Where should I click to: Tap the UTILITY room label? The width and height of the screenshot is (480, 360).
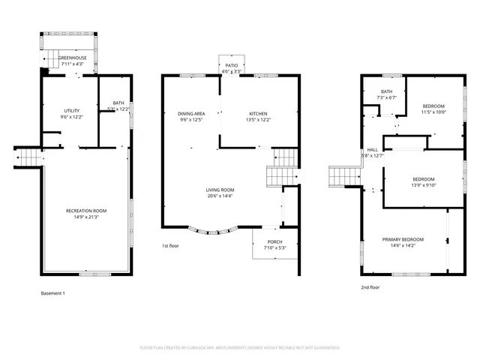coord(72,110)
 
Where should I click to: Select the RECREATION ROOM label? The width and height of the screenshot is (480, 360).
coord(86,211)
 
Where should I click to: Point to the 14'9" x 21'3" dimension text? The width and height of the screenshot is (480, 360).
coord(86,217)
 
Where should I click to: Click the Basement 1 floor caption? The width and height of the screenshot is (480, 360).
coord(52,292)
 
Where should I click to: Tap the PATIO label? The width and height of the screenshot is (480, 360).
coord(232,66)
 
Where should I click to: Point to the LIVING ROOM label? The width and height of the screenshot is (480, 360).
coord(220,190)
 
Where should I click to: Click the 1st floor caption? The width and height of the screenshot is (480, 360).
coord(171,246)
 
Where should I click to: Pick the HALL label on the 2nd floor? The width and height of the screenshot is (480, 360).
coord(372,149)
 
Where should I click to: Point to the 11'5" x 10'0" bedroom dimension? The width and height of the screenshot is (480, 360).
coord(433,112)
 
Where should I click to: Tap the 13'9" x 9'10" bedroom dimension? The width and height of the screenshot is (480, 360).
coord(423,185)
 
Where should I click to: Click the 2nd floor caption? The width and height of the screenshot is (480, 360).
coord(370,287)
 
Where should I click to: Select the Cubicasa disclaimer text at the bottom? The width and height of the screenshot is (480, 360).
coord(240,347)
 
